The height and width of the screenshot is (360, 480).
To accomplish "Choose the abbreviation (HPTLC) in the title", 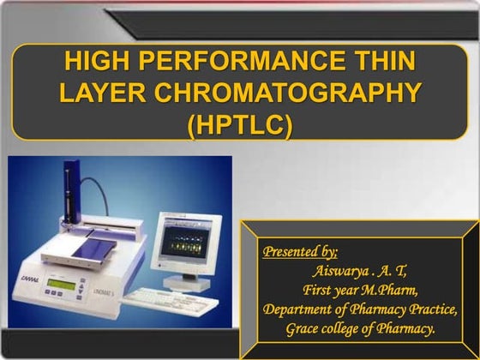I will click(240, 123).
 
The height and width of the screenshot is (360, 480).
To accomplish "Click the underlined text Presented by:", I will click(300, 251).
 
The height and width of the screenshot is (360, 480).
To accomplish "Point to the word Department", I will click(301, 309).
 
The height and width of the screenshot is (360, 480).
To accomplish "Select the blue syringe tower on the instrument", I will click(66, 189).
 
